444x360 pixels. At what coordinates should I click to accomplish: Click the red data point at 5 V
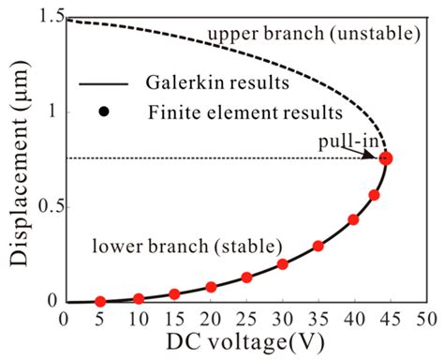click(100, 302)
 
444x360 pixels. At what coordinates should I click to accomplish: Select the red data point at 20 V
click(211, 287)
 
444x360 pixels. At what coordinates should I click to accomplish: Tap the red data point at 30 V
click(282, 264)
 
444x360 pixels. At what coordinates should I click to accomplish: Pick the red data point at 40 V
click(353, 220)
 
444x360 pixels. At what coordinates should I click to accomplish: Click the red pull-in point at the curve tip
click(386, 158)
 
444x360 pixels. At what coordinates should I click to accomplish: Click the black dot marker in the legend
click(105, 112)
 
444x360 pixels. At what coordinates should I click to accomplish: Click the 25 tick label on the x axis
click(246, 320)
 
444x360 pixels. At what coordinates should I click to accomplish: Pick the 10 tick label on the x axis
click(137, 320)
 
